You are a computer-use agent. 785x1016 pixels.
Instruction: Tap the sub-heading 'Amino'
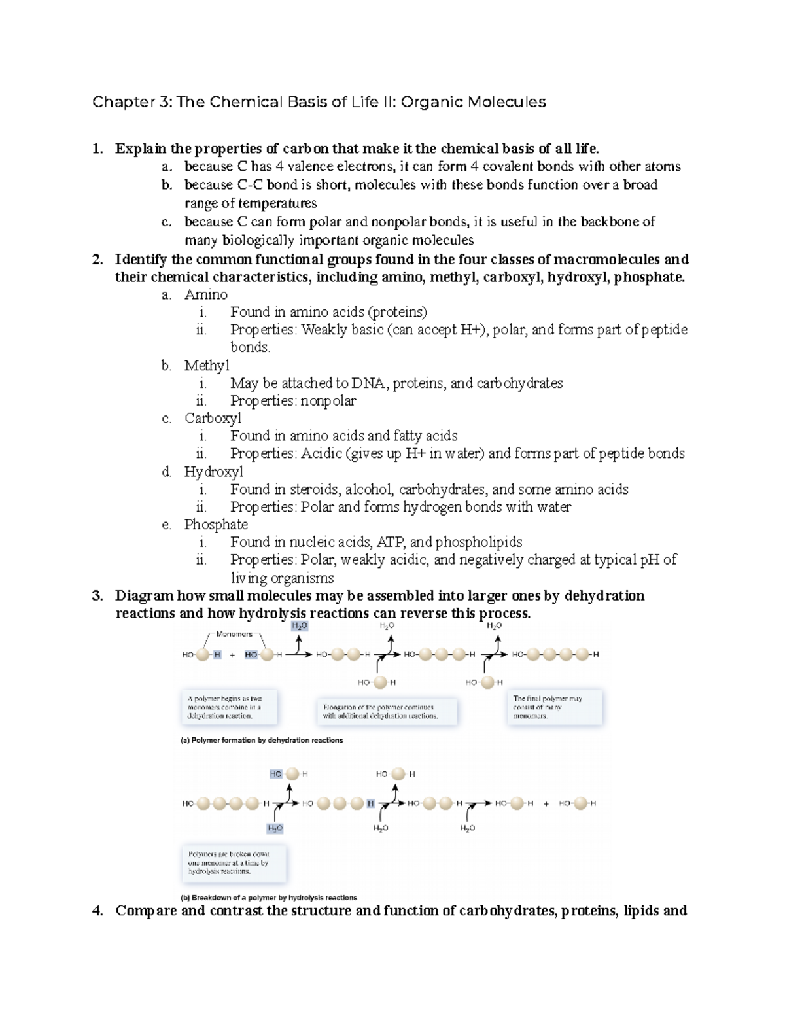point(205,295)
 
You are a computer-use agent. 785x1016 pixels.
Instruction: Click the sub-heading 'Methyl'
point(207,366)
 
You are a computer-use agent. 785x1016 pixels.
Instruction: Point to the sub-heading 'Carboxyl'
point(213,419)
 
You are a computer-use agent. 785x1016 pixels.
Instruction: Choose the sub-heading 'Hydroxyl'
point(213,472)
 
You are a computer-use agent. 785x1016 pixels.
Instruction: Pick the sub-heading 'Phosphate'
point(216,525)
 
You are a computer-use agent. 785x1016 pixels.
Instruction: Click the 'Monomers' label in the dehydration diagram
point(234,634)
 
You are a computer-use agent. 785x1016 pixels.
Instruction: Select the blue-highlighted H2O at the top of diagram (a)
point(299,626)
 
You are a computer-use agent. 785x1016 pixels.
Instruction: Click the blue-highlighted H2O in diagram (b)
point(275,828)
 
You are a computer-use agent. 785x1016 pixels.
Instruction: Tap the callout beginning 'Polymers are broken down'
point(232,863)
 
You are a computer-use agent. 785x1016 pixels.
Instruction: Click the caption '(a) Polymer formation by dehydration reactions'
point(261,741)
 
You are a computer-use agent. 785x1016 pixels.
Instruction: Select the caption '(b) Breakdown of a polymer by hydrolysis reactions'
point(268,898)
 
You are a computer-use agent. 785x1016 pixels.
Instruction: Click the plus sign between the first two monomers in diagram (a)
point(232,655)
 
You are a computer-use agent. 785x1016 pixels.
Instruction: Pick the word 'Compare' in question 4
point(145,911)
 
